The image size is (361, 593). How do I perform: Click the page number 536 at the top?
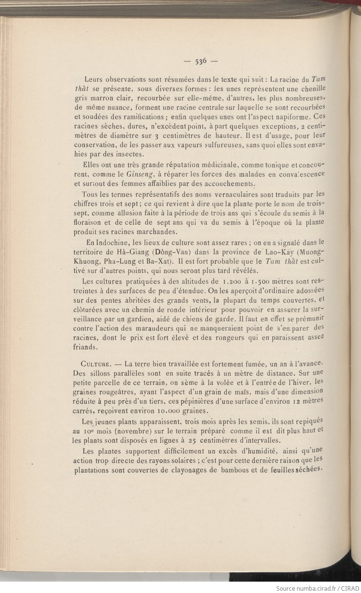[x=201, y=61]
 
